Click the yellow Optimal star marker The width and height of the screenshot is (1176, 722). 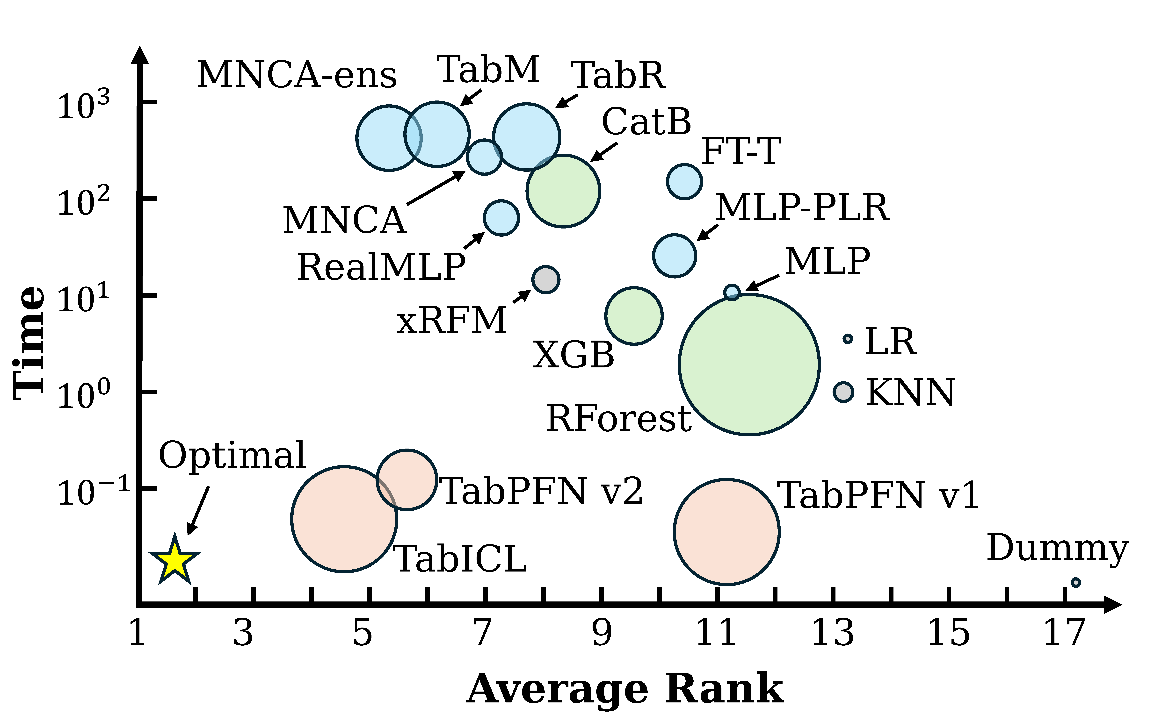pos(174,560)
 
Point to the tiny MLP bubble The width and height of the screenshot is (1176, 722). pos(732,292)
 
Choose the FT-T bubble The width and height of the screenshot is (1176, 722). pos(684,181)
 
